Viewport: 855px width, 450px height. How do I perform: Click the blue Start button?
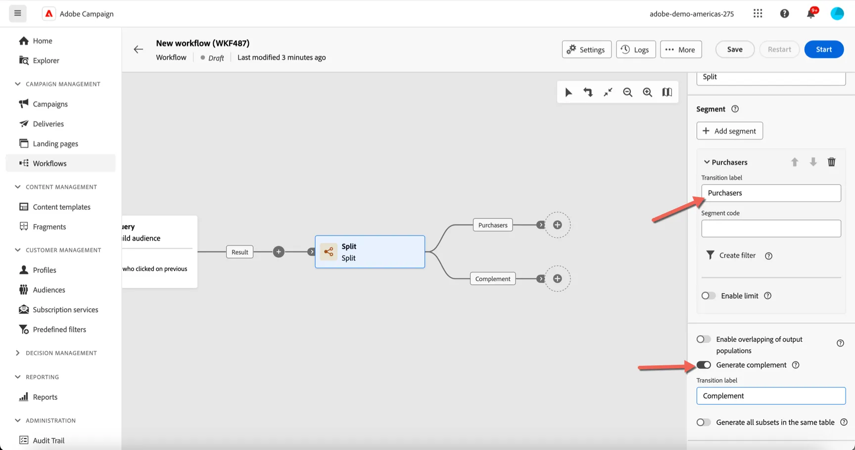(x=824, y=50)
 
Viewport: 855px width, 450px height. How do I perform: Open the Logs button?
(x=636, y=50)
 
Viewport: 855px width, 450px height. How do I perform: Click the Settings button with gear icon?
(x=586, y=50)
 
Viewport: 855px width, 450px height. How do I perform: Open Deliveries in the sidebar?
(x=48, y=124)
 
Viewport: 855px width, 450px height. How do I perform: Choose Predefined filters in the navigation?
(x=59, y=329)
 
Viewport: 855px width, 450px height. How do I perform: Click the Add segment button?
(x=730, y=131)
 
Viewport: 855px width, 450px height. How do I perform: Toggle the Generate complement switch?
(x=704, y=365)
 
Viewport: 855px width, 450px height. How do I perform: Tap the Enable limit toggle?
(x=709, y=296)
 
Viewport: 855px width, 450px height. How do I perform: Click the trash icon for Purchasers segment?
(x=832, y=162)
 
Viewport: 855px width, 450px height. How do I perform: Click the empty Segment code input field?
(x=771, y=228)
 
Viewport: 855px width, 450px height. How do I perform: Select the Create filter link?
(x=737, y=255)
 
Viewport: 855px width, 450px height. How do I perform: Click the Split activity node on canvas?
(x=370, y=252)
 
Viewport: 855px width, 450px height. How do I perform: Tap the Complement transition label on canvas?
(x=493, y=279)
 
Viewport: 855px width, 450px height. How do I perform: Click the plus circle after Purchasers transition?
(x=557, y=225)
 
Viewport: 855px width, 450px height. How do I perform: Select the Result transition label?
(x=240, y=252)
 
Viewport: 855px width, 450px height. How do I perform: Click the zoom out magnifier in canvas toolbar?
(x=627, y=92)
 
